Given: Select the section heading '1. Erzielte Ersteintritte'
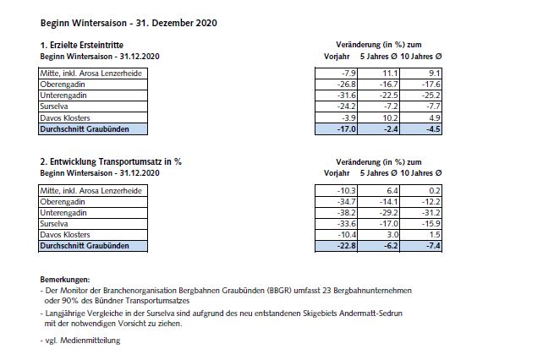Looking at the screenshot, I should pyautogui.click(x=81, y=44).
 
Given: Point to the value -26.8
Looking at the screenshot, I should pyautogui.click(x=338, y=86).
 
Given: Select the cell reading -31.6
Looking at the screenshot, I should pyautogui.click(x=338, y=96).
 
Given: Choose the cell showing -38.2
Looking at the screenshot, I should pyautogui.click(x=338, y=213).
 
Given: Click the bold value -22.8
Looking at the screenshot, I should pyautogui.click(x=337, y=246).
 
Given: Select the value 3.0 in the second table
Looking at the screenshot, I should pyautogui.click(x=379, y=235).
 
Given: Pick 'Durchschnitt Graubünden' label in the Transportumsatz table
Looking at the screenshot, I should pyautogui.click(x=85, y=246).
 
